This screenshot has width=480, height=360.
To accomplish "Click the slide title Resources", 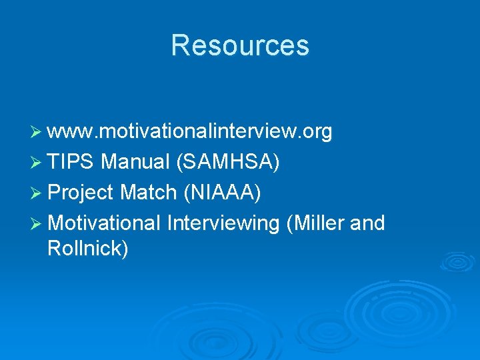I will pyautogui.click(x=240, y=45).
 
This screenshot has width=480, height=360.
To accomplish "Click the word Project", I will pyautogui.click(x=81, y=193).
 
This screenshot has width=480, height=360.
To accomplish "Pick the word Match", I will pyautogui.click(x=148, y=193).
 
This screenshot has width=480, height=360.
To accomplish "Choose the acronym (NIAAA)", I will pyautogui.click(x=221, y=193).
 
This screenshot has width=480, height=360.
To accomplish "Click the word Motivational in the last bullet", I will pyautogui.click(x=105, y=223).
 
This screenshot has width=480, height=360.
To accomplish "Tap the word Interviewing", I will pyautogui.click(x=223, y=223).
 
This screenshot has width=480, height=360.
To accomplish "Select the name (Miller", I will pyautogui.click(x=314, y=223).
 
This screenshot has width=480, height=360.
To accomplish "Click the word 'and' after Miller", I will pyautogui.click(x=367, y=223).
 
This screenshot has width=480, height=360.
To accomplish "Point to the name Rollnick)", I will pyautogui.click(x=88, y=249).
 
